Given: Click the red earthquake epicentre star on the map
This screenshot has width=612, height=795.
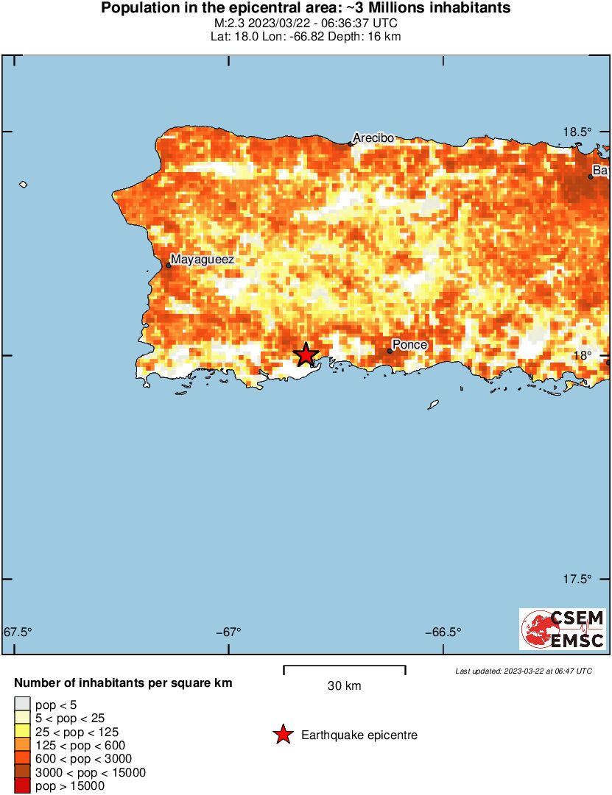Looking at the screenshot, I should (306, 354).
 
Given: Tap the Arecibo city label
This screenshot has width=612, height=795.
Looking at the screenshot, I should (373, 138).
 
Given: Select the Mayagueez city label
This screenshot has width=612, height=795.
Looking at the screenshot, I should (203, 259).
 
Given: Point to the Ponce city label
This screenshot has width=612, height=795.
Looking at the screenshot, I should (409, 344).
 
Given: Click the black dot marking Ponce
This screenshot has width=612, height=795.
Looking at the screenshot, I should (390, 351).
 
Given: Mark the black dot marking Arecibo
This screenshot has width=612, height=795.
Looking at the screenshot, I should (350, 143).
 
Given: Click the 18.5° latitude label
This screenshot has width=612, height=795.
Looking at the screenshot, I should (577, 132).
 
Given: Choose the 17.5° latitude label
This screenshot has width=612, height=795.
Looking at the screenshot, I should (577, 579).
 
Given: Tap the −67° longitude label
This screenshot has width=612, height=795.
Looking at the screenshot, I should (229, 632).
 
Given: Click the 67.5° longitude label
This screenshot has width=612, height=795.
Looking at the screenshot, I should (18, 632).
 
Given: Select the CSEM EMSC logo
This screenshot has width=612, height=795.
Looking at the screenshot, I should (563, 629).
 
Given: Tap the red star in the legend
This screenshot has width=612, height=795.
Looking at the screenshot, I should (282, 735).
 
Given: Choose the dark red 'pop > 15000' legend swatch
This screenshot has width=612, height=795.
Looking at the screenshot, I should (23, 786).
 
